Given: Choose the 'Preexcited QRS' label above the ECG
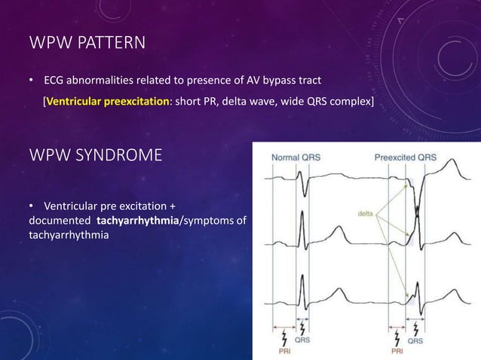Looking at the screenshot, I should click(x=405, y=157).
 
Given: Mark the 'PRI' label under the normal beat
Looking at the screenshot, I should click(x=284, y=349).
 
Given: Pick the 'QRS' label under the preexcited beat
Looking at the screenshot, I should click(x=416, y=340).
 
